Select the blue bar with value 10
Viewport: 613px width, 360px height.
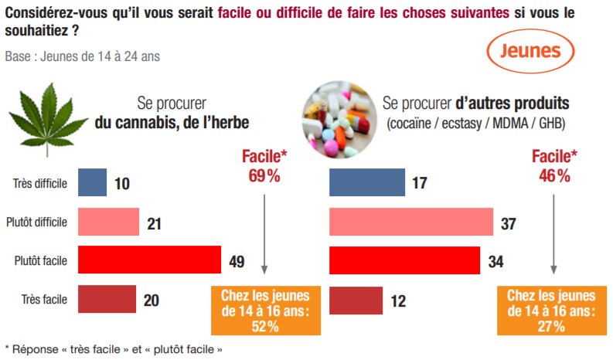pyautogui.click(x=92, y=182)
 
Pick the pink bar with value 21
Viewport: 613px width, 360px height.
pyautogui.click(x=107, y=222)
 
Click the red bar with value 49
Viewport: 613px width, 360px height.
pyautogui.click(x=148, y=261)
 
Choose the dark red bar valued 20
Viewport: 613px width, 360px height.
pyautogui.click(x=106, y=300)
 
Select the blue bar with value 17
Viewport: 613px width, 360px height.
pyautogui.click(x=367, y=182)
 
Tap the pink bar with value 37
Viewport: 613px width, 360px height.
pyautogui.click(x=411, y=222)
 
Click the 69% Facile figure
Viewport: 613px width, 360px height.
pyautogui.click(x=264, y=166)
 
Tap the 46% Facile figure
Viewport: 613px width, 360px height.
pyautogui.click(x=554, y=166)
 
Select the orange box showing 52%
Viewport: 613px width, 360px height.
pyautogui.click(x=265, y=310)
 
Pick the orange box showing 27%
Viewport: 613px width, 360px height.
pyautogui.click(x=552, y=310)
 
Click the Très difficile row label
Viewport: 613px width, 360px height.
pyautogui.click(x=40, y=183)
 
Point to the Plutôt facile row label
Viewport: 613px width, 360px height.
pyautogui.click(x=40, y=261)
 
